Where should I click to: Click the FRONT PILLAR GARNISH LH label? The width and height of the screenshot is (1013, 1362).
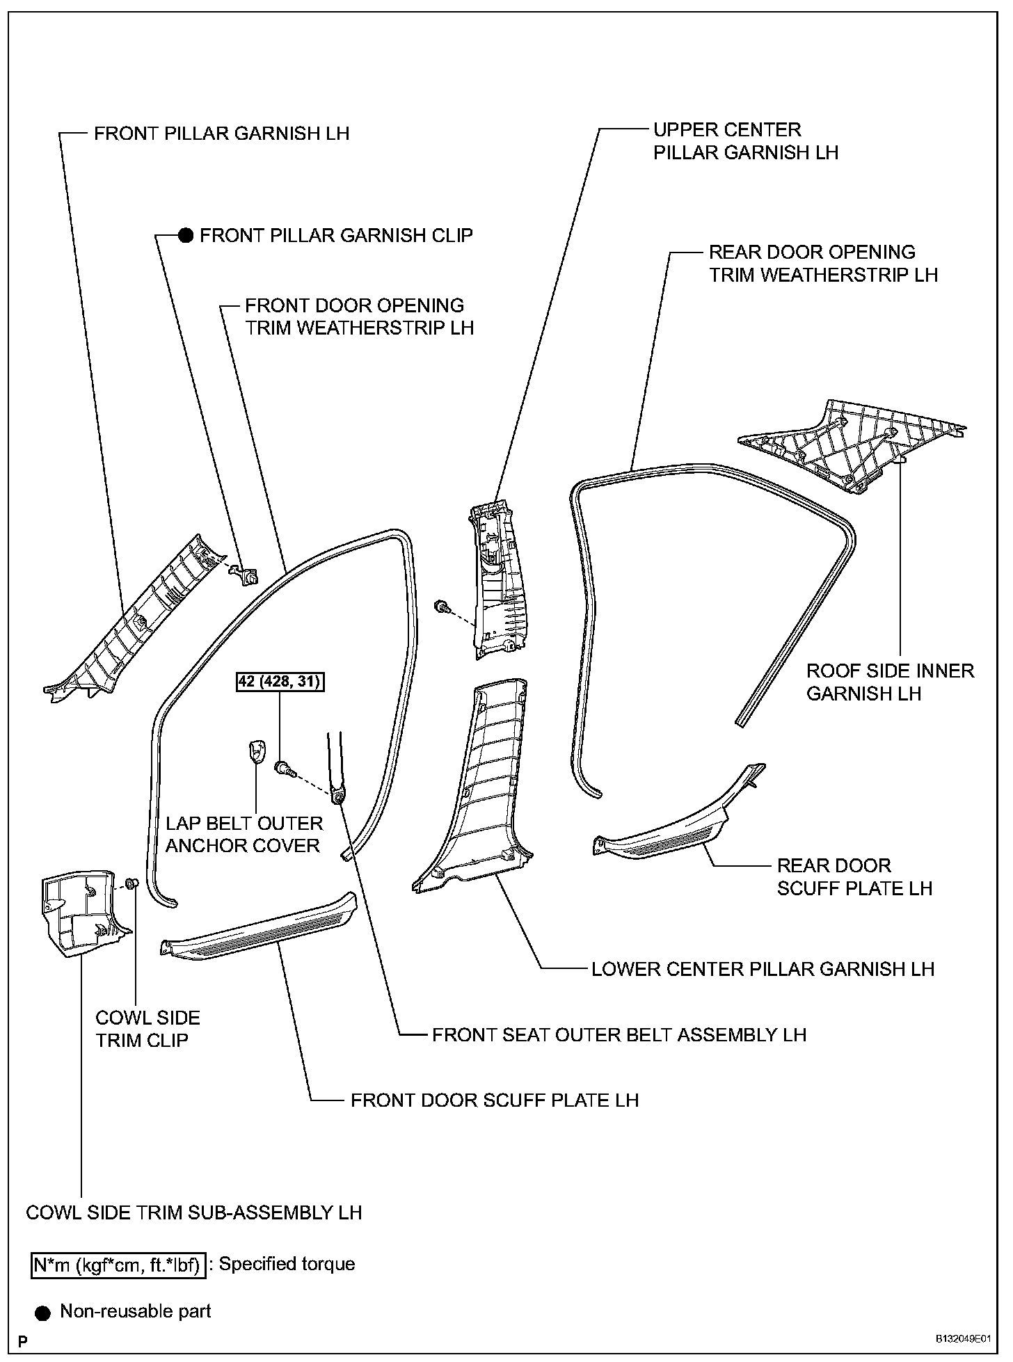point(221,134)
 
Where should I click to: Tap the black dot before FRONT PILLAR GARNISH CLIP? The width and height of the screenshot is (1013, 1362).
point(185,236)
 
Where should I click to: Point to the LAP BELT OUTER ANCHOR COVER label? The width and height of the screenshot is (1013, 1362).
point(244,835)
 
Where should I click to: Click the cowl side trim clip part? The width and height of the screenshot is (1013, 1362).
point(131,883)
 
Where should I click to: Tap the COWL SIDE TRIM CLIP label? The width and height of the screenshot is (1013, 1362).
point(147,1029)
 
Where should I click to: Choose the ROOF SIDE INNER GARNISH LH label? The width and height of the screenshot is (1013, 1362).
point(890,682)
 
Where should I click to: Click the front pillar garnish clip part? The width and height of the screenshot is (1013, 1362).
point(246,574)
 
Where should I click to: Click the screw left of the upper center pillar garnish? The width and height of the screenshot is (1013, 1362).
point(440,607)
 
